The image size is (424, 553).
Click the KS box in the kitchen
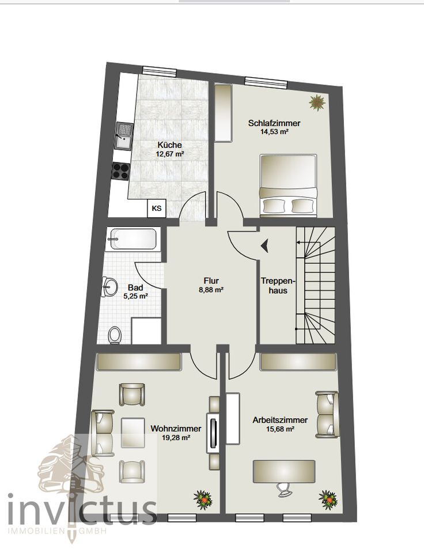click(157, 208)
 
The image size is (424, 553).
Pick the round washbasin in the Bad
click(111, 286)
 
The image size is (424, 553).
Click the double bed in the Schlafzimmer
click(288, 185)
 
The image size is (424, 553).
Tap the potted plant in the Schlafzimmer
click(317, 103)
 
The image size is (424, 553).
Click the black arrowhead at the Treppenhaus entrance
click(265, 245)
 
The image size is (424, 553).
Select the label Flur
click(211, 281)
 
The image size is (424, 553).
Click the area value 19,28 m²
click(176, 437)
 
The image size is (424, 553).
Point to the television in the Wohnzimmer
click(213, 431)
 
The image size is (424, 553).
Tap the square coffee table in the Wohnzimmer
click(132, 432)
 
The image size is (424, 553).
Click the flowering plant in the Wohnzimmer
click(203, 499)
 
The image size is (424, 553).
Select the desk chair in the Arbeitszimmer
click(284, 490)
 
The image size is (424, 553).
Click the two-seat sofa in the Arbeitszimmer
click(327, 414)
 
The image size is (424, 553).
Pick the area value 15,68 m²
click(280, 429)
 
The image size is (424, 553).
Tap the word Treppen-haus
click(278, 286)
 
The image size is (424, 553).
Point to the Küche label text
click(170, 145)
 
